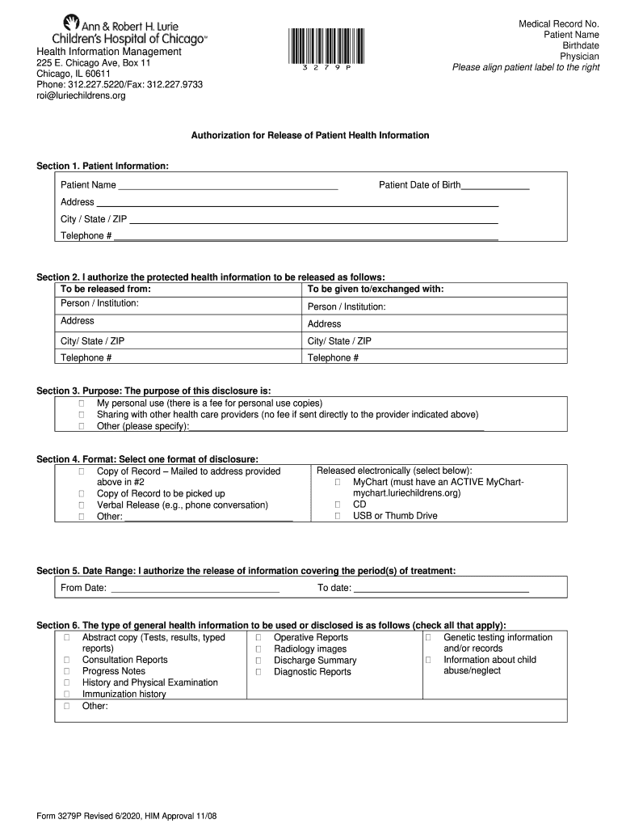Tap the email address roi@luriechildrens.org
[x=81, y=95]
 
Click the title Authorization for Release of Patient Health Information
[x=309, y=136]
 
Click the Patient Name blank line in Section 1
[x=228, y=186]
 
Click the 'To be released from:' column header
[x=106, y=289]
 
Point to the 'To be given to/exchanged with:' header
[x=376, y=289]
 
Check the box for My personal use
[x=82, y=403]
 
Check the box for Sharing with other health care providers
[x=82, y=415]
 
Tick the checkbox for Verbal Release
[x=82, y=505]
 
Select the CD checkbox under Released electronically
[x=338, y=505]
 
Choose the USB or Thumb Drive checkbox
[x=338, y=516]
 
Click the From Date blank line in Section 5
[x=195, y=589]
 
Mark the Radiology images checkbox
[x=258, y=649]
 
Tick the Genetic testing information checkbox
[x=428, y=638]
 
